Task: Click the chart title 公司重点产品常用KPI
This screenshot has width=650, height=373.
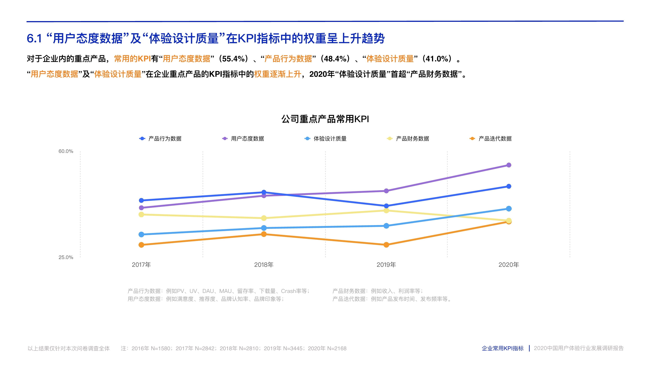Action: [325, 119]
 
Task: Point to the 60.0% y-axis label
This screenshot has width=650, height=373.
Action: [66, 151]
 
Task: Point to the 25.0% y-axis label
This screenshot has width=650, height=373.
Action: [66, 257]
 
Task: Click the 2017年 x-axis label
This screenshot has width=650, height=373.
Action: [141, 265]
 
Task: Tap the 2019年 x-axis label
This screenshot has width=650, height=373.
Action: [386, 265]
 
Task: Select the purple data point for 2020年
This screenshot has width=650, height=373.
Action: [509, 165]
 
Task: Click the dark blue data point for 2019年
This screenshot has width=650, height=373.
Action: [386, 206]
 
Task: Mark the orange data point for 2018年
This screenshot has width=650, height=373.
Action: [264, 234]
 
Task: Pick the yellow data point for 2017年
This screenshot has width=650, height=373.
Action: [141, 214]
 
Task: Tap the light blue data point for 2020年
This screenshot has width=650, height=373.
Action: [509, 208]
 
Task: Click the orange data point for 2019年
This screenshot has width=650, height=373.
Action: [386, 245]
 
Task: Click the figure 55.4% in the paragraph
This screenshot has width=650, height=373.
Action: [233, 59]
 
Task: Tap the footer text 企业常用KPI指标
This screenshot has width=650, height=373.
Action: [502, 348]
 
